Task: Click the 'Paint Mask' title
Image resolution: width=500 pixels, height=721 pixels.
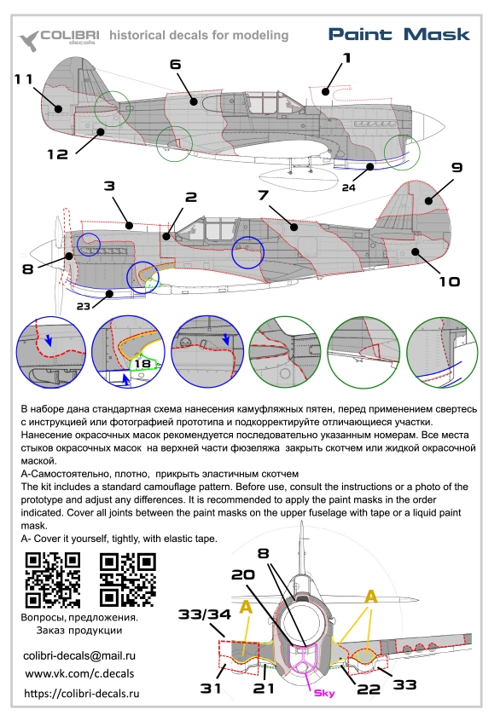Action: click(x=398, y=34)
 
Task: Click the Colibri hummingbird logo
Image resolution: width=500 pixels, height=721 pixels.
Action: click(x=28, y=40)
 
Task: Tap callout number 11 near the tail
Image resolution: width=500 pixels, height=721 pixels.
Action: click(x=23, y=79)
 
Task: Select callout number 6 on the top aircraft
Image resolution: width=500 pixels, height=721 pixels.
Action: click(x=176, y=65)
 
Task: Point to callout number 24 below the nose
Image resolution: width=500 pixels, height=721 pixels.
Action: click(x=348, y=187)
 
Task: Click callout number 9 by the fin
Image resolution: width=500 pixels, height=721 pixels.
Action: click(x=456, y=167)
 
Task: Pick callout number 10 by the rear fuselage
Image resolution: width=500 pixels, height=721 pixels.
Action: click(x=450, y=281)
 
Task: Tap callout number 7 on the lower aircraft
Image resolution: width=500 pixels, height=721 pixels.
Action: click(x=263, y=195)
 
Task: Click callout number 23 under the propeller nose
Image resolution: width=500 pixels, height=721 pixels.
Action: click(x=83, y=306)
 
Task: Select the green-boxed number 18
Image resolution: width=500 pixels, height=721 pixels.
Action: click(x=142, y=363)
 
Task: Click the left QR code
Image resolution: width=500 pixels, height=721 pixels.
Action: click(x=53, y=580)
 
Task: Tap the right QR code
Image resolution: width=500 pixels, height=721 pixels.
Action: click(x=127, y=580)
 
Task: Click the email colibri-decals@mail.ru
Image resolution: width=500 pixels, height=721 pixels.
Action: click(x=79, y=655)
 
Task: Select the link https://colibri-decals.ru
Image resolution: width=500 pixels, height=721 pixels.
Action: click(x=82, y=694)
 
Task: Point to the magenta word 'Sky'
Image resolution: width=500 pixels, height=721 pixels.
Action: click(x=324, y=693)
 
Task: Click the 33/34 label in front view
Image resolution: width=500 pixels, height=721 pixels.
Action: click(x=205, y=614)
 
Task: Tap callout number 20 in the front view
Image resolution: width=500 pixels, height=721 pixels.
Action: click(x=242, y=574)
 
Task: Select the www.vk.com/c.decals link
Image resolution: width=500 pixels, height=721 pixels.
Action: click(x=79, y=674)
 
